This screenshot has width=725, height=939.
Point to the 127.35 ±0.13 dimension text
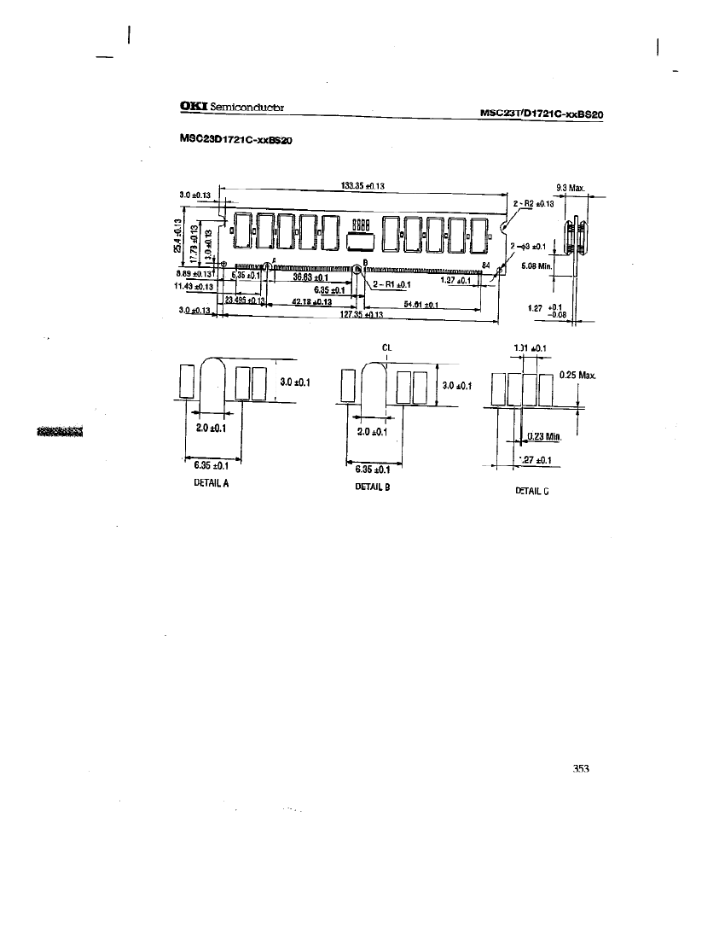coord(362,314)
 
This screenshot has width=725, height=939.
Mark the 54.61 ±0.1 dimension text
coord(420,304)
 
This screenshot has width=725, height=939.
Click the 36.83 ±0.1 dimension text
coord(310,277)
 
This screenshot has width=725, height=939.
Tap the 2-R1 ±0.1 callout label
coord(391,284)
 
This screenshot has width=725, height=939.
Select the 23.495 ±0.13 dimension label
coord(246,300)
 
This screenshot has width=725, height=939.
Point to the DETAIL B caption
coord(373,487)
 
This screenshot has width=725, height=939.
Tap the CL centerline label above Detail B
coord(386,347)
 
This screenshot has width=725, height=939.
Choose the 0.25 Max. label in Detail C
coord(577,375)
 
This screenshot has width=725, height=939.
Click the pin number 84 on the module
coord(486,265)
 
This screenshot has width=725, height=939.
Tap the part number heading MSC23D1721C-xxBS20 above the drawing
coord(236,140)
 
